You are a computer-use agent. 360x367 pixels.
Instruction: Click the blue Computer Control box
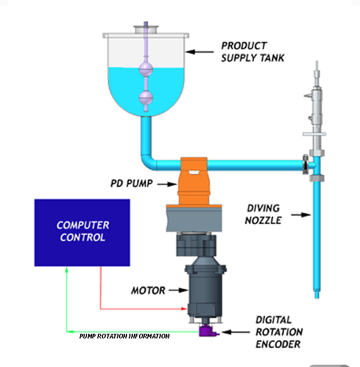click(x=82, y=232)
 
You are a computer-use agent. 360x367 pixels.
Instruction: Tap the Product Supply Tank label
click(x=252, y=51)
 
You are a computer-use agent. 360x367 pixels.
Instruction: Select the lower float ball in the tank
click(x=147, y=98)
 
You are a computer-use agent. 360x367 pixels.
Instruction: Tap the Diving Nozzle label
click(x=264, y=213)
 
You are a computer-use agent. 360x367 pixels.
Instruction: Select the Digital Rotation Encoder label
click(x=279, y=332)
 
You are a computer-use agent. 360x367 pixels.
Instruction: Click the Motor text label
click(x=148, y=290)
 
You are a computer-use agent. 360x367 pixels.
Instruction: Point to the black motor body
click(x=205, y=289)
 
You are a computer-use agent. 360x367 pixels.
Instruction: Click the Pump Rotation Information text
click(x=124, y=336)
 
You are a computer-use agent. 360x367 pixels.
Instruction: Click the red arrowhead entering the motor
click(x=184, y=309)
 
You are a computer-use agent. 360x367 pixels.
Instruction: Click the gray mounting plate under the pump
click(x=194, y=216)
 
